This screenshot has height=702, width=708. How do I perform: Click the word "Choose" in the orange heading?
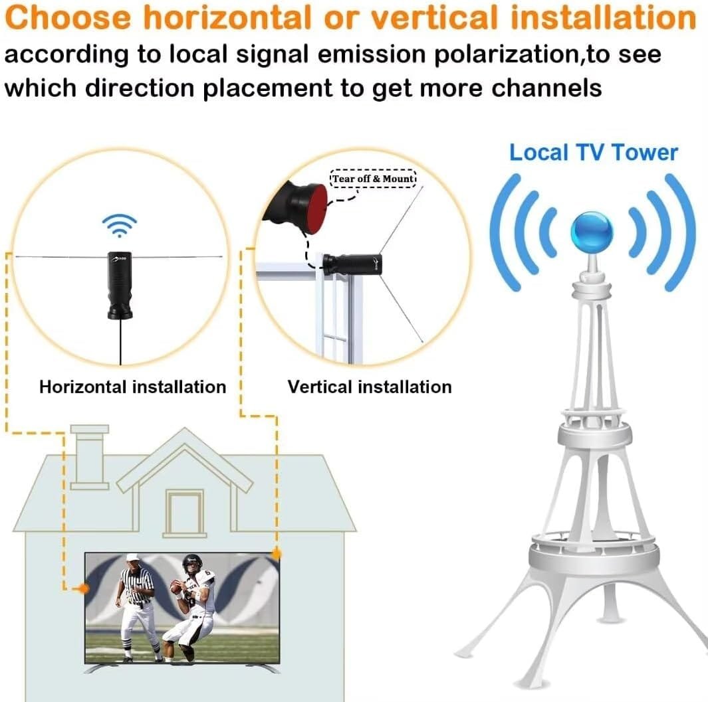68,17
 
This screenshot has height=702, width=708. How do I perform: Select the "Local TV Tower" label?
594,153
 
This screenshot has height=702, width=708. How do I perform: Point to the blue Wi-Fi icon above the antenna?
119,225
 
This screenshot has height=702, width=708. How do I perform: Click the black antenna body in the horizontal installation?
120,285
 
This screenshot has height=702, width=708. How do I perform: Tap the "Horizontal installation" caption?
133,387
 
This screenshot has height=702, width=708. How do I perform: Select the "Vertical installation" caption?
370,387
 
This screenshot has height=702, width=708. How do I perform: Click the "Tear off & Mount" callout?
373,179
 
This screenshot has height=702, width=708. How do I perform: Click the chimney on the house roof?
89,456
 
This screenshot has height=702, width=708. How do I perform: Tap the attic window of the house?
185,513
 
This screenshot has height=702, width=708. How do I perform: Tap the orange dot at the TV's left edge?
84,588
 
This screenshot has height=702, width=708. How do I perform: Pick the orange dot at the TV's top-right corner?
277,553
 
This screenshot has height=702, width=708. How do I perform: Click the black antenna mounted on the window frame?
352,264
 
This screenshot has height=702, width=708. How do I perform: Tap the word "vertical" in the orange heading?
434,17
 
